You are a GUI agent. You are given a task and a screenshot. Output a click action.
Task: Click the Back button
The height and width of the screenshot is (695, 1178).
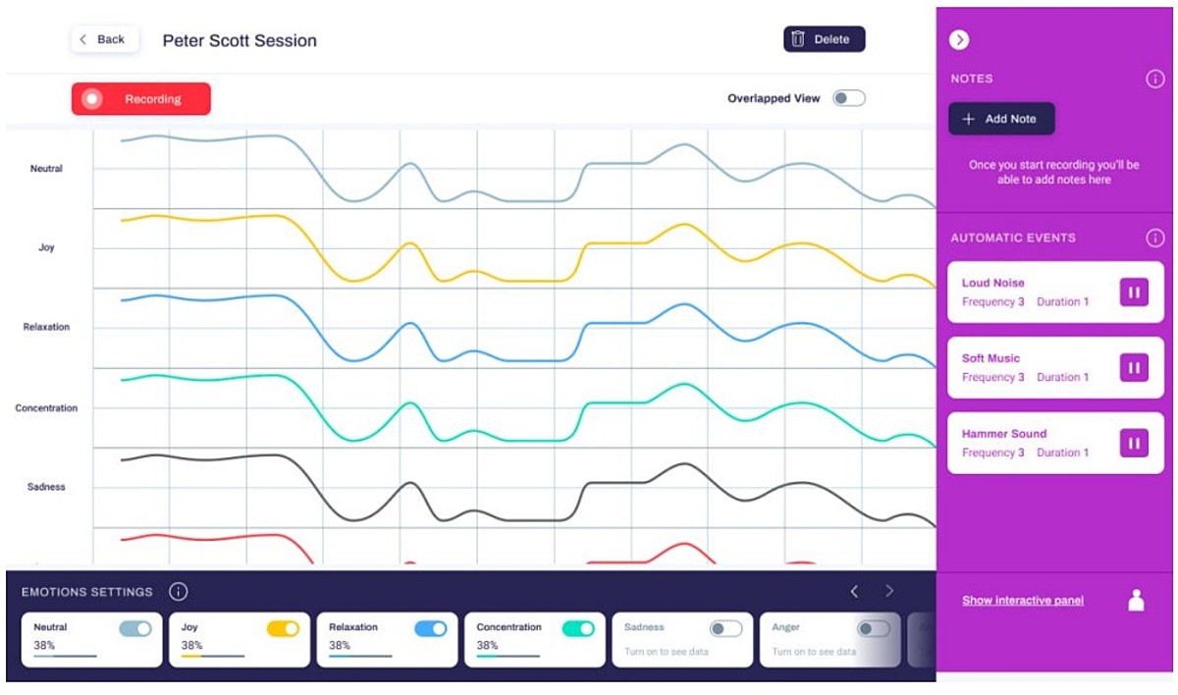tap(103, 39)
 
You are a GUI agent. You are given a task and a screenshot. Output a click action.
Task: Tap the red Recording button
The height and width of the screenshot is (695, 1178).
tap(140, 99)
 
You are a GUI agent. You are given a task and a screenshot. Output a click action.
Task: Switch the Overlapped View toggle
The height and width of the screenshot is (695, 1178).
tap(849, 98)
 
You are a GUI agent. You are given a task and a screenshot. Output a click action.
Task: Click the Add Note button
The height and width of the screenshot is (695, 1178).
tap(1001, 119)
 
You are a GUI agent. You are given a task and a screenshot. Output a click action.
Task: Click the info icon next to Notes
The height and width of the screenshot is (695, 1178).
tap(1155, 80)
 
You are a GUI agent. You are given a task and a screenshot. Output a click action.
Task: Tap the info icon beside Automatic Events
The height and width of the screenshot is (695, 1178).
tap(1155, 238)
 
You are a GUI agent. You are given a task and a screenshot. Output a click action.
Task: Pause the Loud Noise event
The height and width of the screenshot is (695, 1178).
tap(1134, 292)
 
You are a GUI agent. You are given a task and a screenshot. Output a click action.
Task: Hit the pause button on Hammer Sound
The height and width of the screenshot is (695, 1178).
tap(1134, 443)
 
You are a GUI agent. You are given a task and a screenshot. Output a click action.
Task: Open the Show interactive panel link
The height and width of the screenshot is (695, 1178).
tap(1023, 600)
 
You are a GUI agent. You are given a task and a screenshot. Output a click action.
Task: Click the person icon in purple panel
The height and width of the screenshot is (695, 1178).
tap(1136, 600)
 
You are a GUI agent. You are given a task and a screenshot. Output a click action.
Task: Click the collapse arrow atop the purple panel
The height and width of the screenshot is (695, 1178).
tap(959, 39)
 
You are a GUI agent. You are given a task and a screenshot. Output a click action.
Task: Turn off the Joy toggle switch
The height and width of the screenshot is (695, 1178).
tap(283, 628)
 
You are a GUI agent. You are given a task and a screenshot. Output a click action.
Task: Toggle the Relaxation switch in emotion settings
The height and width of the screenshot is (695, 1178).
tap(430, 628)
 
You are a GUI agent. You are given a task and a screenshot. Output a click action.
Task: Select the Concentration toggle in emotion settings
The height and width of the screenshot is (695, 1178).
tap(578, 628)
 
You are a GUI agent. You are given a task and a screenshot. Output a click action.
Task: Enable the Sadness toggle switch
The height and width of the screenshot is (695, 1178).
tap(725, 628)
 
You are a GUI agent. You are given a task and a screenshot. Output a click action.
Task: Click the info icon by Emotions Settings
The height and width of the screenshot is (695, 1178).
tap(178, 592)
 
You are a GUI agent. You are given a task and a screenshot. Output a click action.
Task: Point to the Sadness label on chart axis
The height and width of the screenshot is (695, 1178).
tap(45, 487)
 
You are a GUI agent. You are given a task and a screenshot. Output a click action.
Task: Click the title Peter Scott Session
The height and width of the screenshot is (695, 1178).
tap(240, 40)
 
